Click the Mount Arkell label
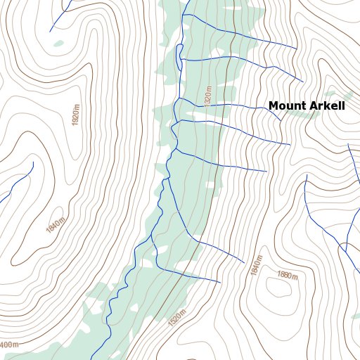click(307, 106)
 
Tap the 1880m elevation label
click(288, 275)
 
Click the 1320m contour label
click(208, 97)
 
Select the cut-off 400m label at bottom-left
click(8, 345)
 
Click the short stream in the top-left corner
click(59, 14)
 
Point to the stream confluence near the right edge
click(344, 250)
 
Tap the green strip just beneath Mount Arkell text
click(344, 97)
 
